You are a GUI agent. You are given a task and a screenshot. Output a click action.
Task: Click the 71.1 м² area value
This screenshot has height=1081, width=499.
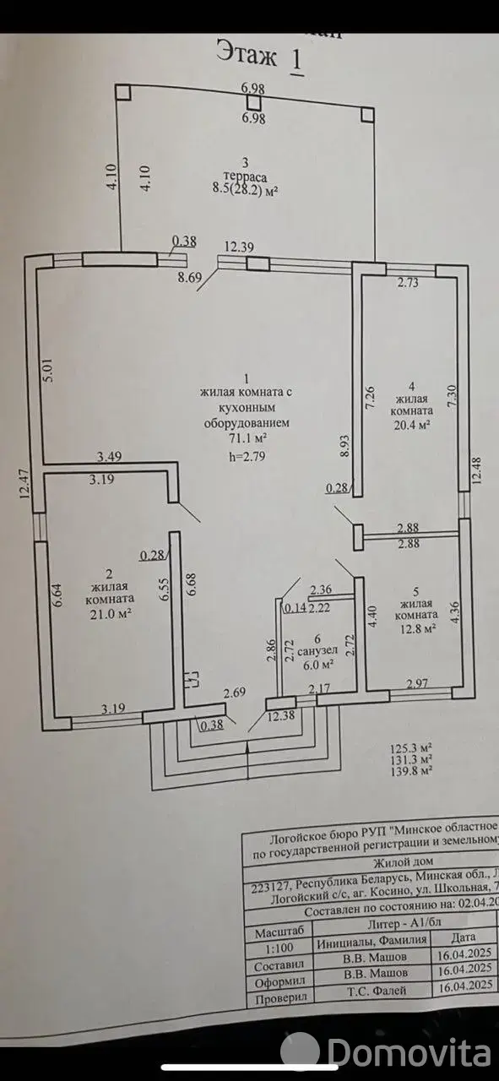coord(246,438)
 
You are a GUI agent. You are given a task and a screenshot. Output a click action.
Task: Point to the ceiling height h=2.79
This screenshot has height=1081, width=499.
coord(247,457)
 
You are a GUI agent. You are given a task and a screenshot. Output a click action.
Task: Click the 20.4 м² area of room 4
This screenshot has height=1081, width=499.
coord(413,425)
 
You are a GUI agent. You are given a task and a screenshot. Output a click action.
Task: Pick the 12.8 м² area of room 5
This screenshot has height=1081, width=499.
coord(418,629)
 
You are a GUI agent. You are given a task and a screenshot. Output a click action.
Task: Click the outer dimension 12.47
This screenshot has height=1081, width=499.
coord(24,488)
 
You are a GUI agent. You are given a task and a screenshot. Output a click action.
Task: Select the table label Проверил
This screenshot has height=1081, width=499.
coord(279,1002)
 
